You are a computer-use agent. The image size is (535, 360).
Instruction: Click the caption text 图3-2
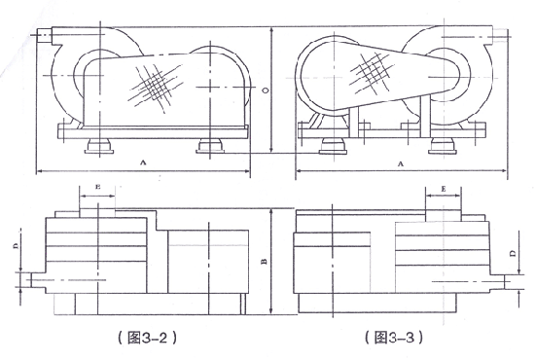click(147, 338)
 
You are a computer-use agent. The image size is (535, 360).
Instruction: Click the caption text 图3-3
click(394, 338)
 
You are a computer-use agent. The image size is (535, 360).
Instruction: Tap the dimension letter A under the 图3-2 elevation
click(143, 162)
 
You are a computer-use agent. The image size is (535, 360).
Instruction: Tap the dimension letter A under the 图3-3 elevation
click(401, 163)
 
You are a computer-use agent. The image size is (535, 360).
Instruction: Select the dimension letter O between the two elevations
click(266, 90)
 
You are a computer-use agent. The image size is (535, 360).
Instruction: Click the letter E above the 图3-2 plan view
click(97, 187)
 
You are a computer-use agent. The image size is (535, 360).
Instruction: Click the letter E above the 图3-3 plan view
click(444, 189)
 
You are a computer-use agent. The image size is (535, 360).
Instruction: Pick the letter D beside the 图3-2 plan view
click(16, 246)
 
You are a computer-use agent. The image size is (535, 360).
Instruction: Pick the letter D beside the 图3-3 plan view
click(513, 253)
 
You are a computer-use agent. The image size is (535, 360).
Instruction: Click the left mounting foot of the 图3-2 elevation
click(99, 146)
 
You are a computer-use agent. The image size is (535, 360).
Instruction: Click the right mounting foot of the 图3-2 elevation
click(210, 146)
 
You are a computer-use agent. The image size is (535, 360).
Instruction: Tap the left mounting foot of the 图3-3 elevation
click(334, 146)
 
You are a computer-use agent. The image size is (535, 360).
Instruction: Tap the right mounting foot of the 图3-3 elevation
click(443, 146)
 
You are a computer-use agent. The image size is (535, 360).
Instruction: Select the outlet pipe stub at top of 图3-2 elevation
click(45, 35)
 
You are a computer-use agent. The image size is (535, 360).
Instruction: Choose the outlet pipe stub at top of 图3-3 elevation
click(498, 36)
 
